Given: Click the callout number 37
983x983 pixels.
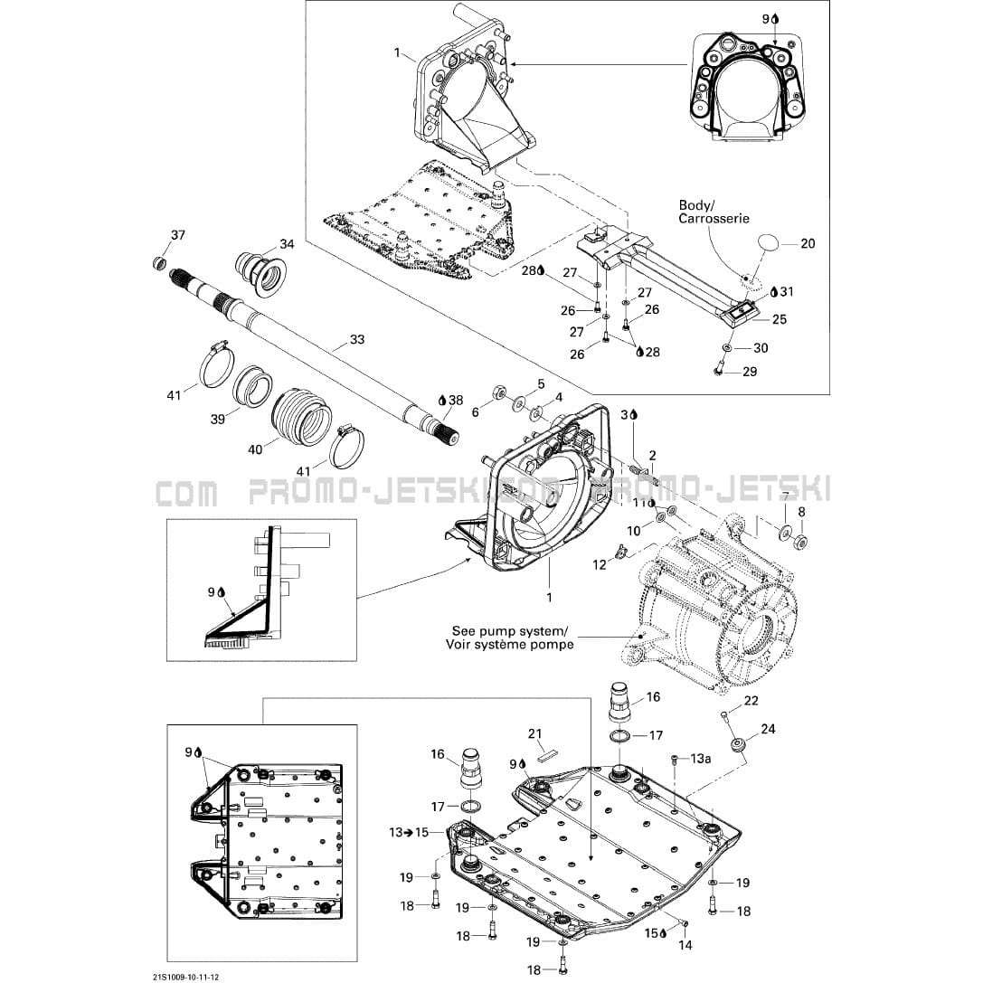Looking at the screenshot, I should pyautogui.click(x=178, y=235).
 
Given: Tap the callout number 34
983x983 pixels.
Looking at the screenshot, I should pyautogui.click(x=287, y=243).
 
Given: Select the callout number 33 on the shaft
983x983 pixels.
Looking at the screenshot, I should pyautogui.click(x=357, y=340).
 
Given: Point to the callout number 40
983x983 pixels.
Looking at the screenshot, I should pyautogui.click(x=256, y=449).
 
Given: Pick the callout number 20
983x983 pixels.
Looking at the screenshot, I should pyautogui.click(x=808, y=243).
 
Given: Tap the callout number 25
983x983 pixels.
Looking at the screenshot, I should pyautogui.click(x=779, y=319).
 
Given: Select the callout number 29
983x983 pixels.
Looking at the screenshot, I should pyautogui.click(x=749, y=371).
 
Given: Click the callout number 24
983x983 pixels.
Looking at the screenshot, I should pyautogui.click(x=768, y=728).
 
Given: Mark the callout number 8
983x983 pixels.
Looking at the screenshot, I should pyautogui.click(x=799, y=511).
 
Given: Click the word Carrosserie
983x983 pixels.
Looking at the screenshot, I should pyautogui.click(x=714, y=219).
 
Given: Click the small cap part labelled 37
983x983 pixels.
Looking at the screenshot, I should pyautogui.click(x=159, y=263).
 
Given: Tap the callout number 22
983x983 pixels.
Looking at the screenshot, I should pyautogui.click(x=751, y=701).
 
